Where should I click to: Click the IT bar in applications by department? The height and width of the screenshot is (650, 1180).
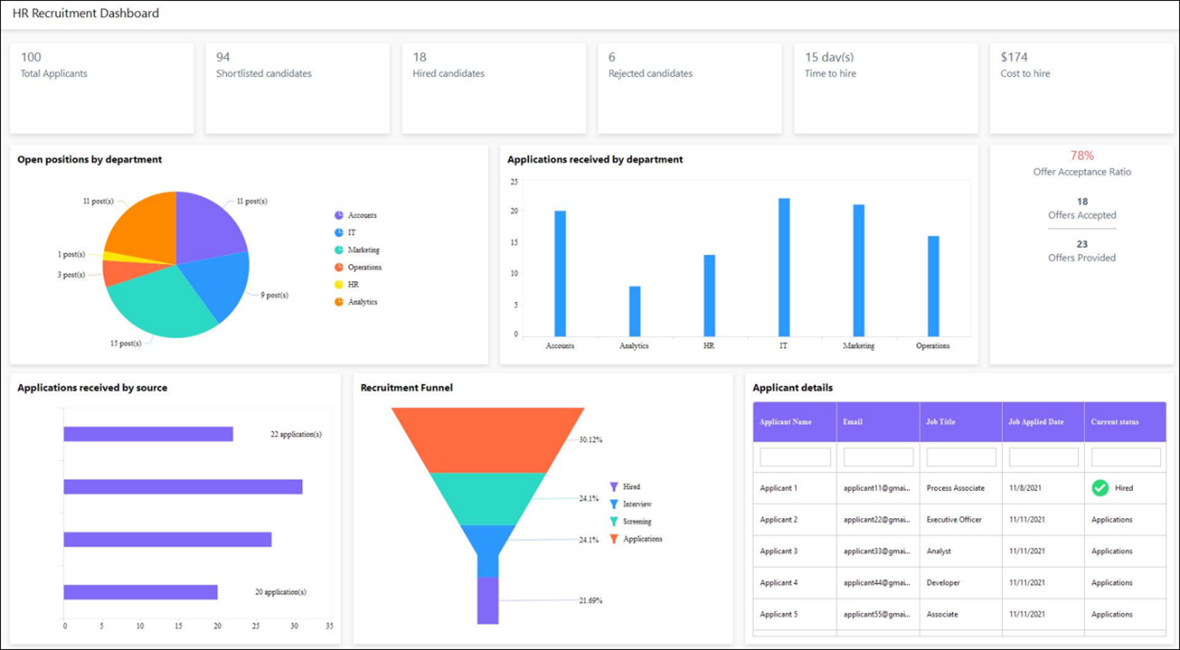[784, 267]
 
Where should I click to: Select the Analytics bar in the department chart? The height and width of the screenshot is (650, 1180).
[635, 311]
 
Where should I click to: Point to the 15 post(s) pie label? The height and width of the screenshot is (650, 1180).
[126, 343]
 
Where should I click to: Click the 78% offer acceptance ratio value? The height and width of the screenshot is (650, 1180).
[1082, 156]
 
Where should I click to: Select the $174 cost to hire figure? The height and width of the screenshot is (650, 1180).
[1014, 57]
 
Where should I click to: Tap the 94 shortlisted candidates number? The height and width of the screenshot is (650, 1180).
[223, 57]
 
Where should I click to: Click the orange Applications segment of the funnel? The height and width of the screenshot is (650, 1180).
[488, 440]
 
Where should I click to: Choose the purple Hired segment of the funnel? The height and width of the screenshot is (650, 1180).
[488, 600]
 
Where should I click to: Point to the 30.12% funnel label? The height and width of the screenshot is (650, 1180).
[590, 440]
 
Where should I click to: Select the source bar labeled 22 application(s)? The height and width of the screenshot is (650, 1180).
[148, 434]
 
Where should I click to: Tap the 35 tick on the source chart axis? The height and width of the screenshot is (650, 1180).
[329, 626]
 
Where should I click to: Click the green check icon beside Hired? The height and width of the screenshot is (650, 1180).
[1100, 488]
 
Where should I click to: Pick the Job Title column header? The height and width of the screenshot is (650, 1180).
[940, 422]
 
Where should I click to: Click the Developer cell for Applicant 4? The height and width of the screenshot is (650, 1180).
[943, 583]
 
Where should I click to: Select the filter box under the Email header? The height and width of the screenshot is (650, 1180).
[878, 458]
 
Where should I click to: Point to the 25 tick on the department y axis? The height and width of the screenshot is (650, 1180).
[514, 182]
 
